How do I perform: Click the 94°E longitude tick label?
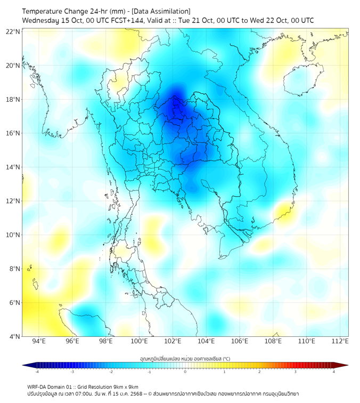coord(39,342)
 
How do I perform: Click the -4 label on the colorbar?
coord(36,372)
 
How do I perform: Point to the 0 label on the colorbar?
coord(185,372)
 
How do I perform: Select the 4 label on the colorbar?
coord(334,372)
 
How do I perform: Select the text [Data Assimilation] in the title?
coord(160,11)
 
